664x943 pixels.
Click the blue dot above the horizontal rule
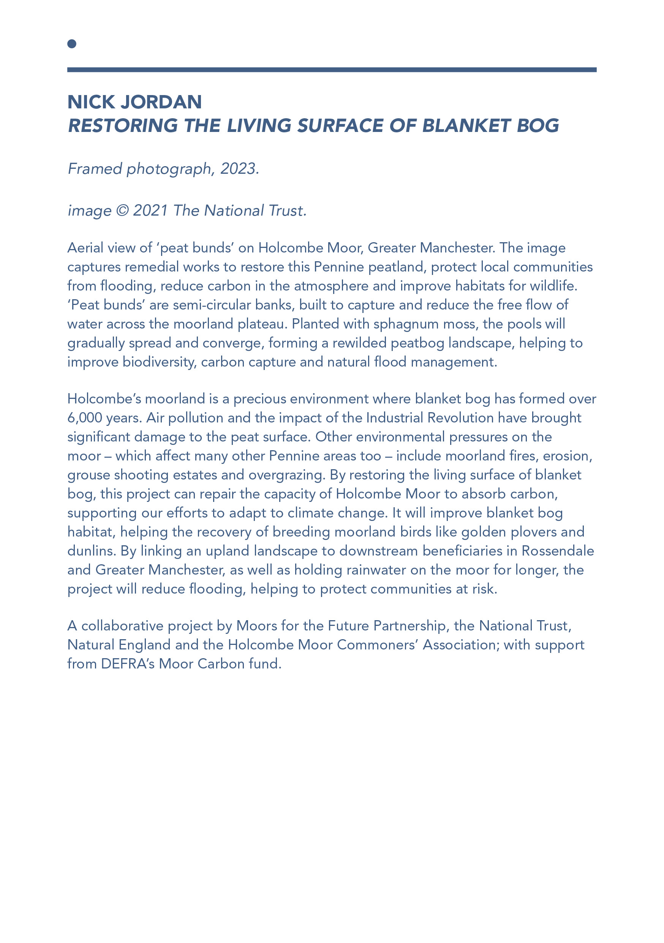[x=72, y=43]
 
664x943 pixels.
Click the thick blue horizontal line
[x=332, y=70]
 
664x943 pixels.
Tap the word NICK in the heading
[x=90, y=102]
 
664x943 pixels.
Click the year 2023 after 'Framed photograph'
[x=238, y=169]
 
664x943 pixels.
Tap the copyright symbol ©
[x=122, y=211]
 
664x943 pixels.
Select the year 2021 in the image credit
[x=150, y=211]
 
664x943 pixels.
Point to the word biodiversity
[x=158, y=362]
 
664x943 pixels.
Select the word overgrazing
[x=287, y=475]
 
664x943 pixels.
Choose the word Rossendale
[x=558, y=551]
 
